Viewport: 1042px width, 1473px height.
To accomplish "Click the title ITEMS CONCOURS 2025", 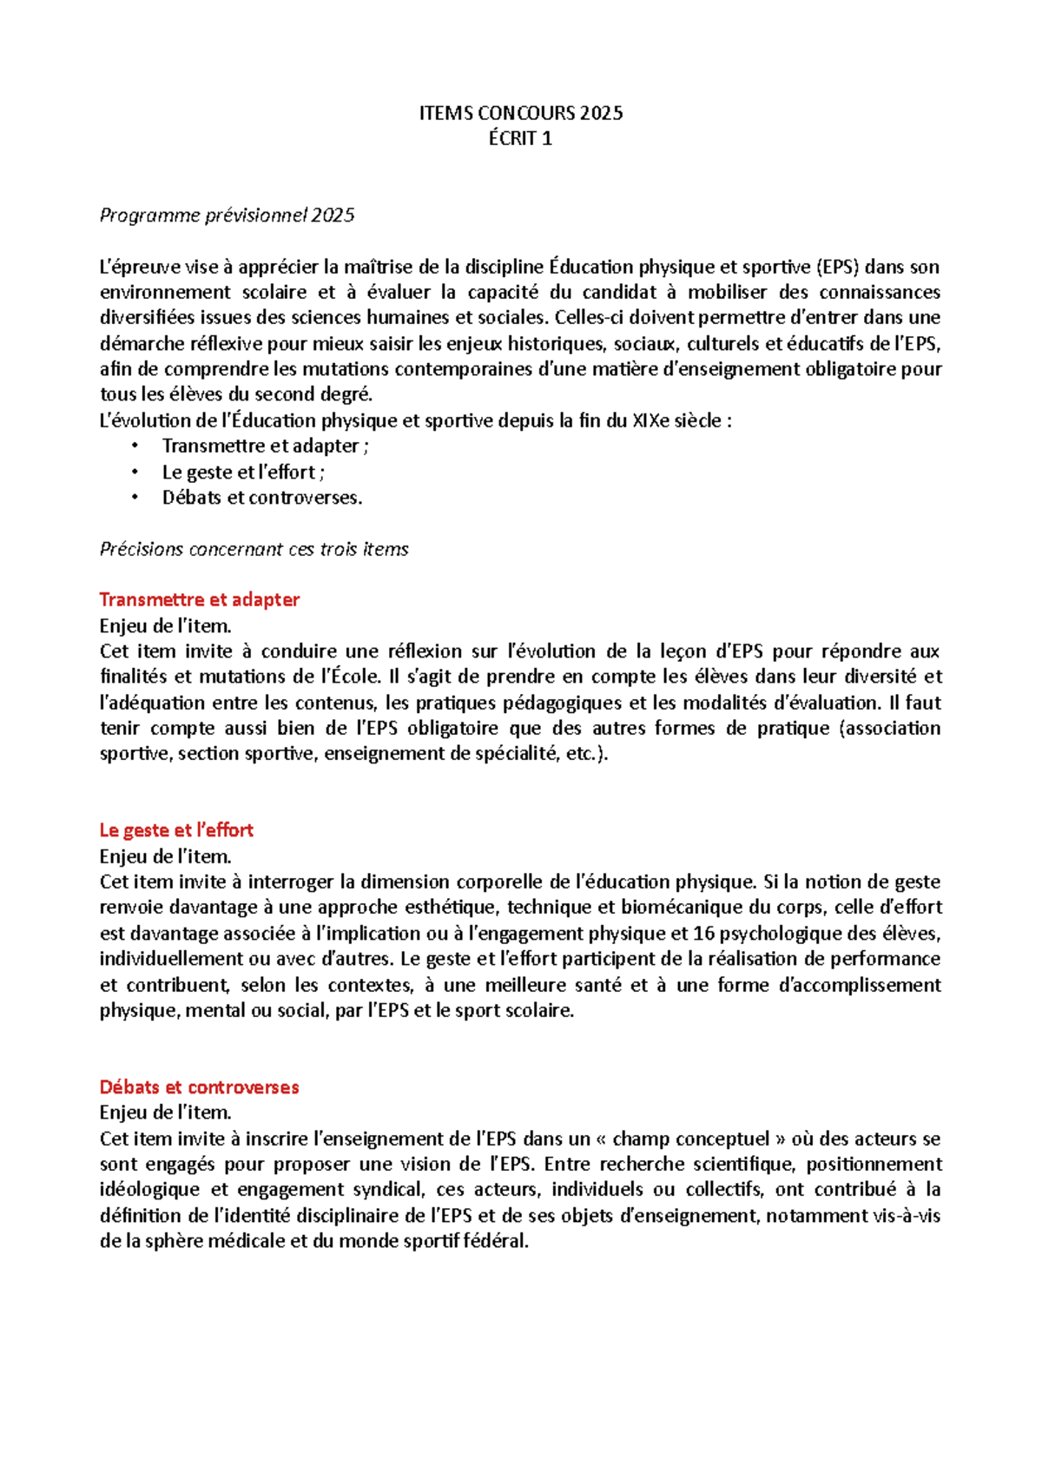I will pyautogui.click(x=520, y=113).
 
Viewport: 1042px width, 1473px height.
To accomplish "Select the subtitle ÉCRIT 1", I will pyautogui.click(x=520, y=138).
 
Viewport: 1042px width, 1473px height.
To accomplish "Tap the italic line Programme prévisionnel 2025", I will pyautogui.click(x=227, y=215).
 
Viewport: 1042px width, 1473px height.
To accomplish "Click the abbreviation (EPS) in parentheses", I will pyautogui.click(x=837, y=267).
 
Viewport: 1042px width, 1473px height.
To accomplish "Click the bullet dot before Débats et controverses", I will pyautogui.click(x=135, y=498).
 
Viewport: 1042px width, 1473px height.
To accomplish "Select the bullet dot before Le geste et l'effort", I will pyautogui.click(x=135, y=472).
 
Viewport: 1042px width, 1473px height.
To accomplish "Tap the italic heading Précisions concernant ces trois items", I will pyautogui.click(x=254, y=549).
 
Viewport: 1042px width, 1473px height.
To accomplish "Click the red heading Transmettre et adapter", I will pyautogui.click(x=200, y=599).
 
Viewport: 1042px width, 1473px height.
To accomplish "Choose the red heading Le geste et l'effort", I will pyautogui.click(x=176, y=830).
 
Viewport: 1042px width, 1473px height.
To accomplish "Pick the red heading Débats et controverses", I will pyautogui.click(x=199, y=1087).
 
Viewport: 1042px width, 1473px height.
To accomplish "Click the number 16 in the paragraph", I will pyautogui.click(x=704, y=934).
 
